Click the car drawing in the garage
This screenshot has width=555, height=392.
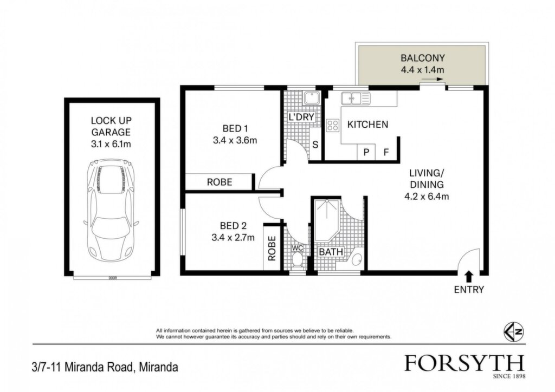(x=111, y=210)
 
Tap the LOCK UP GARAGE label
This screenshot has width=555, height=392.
(x=111, y=126)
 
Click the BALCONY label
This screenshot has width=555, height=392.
(x=422, y=57)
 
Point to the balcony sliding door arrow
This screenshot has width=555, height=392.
(x=433, y=79)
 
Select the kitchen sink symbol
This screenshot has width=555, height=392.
(x=356, y=98)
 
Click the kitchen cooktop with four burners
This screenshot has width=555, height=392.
(x=333, y=125)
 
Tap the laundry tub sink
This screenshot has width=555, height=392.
(x=312, y=98)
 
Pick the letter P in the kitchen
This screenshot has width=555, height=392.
(x=367, y=152)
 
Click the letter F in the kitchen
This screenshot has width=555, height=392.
(x=386, y=152)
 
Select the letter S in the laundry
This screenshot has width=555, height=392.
(x=315, y=145)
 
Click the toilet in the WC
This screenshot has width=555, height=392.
(x=298, y=260)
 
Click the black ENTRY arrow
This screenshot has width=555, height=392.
(x=469, y=276)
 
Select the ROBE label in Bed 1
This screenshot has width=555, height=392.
(x=220, y=182)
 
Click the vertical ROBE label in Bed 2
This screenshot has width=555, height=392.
(x=272, y=248)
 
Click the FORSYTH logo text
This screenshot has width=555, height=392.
(x=464, y=363)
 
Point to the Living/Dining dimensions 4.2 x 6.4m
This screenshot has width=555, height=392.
(x=427, y=196)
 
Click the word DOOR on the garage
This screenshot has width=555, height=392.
(x=113, y=278)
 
